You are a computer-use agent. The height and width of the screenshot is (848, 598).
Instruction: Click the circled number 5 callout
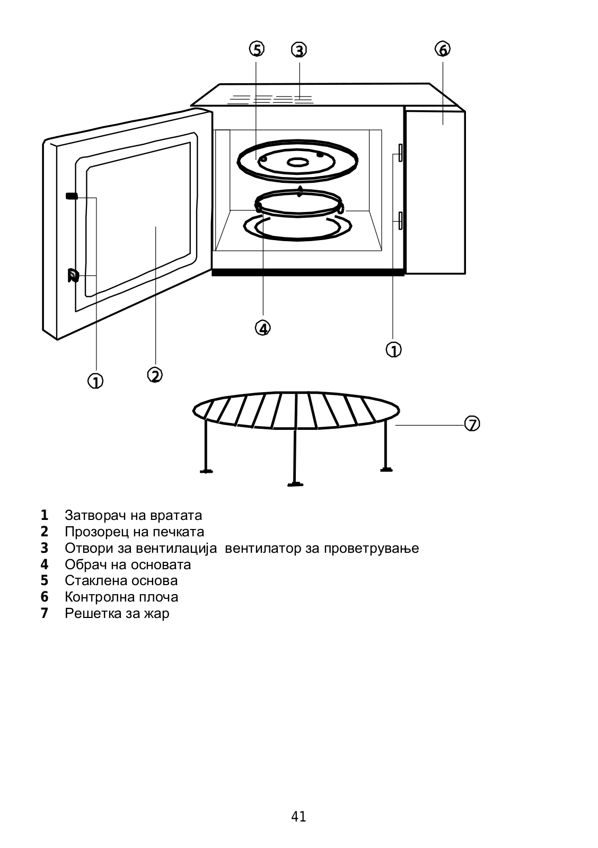point(257,50)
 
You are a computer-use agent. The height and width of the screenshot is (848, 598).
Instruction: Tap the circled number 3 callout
point(299,50)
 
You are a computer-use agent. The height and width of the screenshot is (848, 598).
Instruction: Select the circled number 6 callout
point(443,49)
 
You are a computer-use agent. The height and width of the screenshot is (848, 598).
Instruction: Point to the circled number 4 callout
point(262,328)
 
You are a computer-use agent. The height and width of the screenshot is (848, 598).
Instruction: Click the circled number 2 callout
point(155,375)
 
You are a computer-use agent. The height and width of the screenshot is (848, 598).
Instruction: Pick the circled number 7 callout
point(472,424)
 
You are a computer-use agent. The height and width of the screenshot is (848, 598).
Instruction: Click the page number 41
point(298,817)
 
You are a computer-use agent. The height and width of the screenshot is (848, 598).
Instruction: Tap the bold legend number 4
point(45,564)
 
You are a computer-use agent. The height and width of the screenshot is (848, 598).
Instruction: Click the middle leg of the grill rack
point(295,450)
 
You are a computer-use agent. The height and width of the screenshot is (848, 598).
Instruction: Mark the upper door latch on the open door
point(72,196)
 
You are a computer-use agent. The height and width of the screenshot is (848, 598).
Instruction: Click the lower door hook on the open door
point(73,276)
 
